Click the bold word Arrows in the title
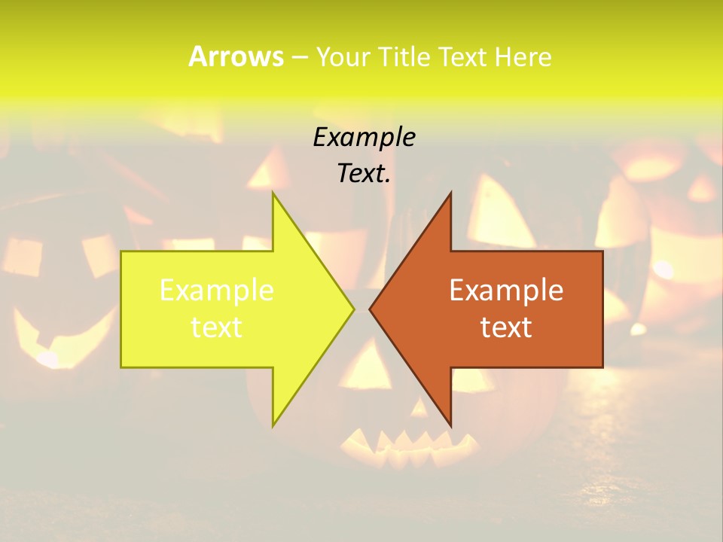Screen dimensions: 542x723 [x=236, y=56]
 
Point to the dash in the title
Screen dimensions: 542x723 [x=299, y=57]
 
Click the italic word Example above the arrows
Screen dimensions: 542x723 [x=364, y=137]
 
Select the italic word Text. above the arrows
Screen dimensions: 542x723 [x=364, y=174]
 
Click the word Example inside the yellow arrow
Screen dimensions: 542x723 [x=216, y=291]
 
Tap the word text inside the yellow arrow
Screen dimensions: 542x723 [x=216, y=327]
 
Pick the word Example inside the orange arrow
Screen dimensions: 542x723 [x=506, y=291]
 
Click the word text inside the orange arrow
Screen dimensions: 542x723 [x=506, y=327]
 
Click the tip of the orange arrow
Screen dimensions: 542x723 [x=371, y=309]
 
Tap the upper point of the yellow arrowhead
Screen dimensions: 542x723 [x=274, y=195]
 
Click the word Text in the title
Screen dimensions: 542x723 [x=462, y=56]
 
